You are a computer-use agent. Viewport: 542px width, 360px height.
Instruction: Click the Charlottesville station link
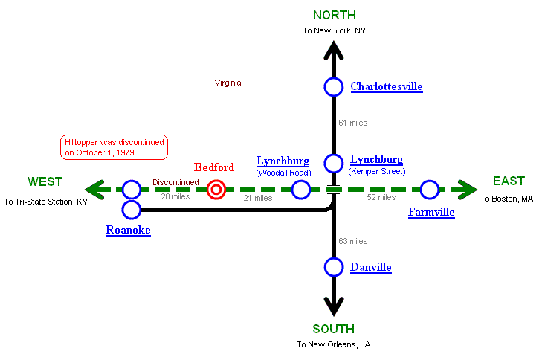tap(386, 86)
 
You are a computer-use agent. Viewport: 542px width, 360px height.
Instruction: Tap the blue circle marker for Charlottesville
tap(334, 87)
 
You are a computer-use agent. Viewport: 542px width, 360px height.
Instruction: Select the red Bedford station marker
tap(216, 190)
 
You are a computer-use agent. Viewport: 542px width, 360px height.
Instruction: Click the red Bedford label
tap(214, 167)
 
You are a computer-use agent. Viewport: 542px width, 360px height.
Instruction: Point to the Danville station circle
tap(334, 267)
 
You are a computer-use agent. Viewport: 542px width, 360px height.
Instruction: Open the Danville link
tap(370, 267)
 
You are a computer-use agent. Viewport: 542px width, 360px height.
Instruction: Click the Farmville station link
tap(431, 213)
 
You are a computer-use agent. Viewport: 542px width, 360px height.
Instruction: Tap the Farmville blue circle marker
tap(430, 190)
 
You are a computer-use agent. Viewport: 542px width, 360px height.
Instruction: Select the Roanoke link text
tap(128, 231)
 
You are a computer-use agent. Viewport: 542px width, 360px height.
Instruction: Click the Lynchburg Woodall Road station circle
tap(301, 190)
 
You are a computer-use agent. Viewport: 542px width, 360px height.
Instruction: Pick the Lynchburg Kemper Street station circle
tap(334, 164)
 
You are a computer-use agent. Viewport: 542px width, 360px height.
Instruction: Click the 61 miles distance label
tap(352, 123)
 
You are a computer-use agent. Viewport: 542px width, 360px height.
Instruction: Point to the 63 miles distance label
tap(352, 241)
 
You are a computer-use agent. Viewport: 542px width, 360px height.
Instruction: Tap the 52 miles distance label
tap(381, 198)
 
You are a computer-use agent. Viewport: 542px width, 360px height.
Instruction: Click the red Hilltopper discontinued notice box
tap(114, 147)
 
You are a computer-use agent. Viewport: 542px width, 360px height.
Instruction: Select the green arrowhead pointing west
tap(94, 190)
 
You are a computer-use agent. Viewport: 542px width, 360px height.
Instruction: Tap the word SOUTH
tap(333, 329)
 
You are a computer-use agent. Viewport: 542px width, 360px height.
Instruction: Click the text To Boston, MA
tap(506, 199)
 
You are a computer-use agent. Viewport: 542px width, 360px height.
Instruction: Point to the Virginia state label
tap(228, 83)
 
